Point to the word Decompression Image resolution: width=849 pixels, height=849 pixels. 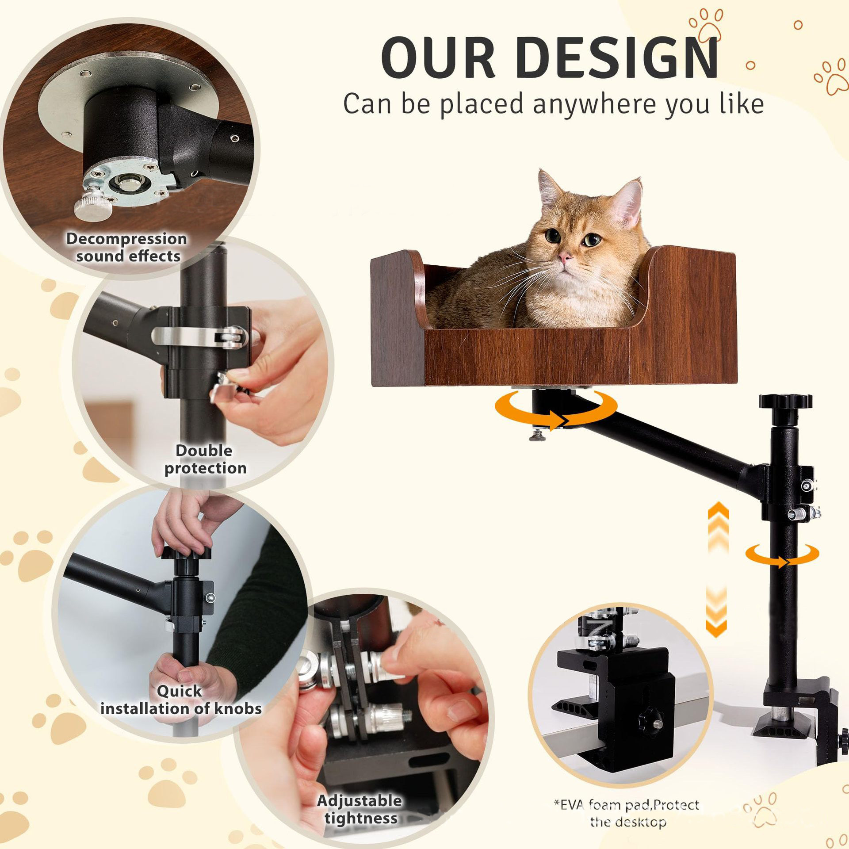pyautogui.click(x=126, y=239)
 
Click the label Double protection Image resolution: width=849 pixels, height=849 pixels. pyautogui.click(x=205, y=459)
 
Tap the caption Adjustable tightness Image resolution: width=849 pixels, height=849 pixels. pyautogui.click(x=360, y=809)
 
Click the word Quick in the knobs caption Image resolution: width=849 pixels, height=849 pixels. pyautogui.click(x=179, y=691)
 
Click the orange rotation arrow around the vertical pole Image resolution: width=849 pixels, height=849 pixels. pyautogui.click(x=782, y=555)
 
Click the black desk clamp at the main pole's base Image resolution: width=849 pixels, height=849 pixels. pyautogui.click(x=796, y=712)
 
